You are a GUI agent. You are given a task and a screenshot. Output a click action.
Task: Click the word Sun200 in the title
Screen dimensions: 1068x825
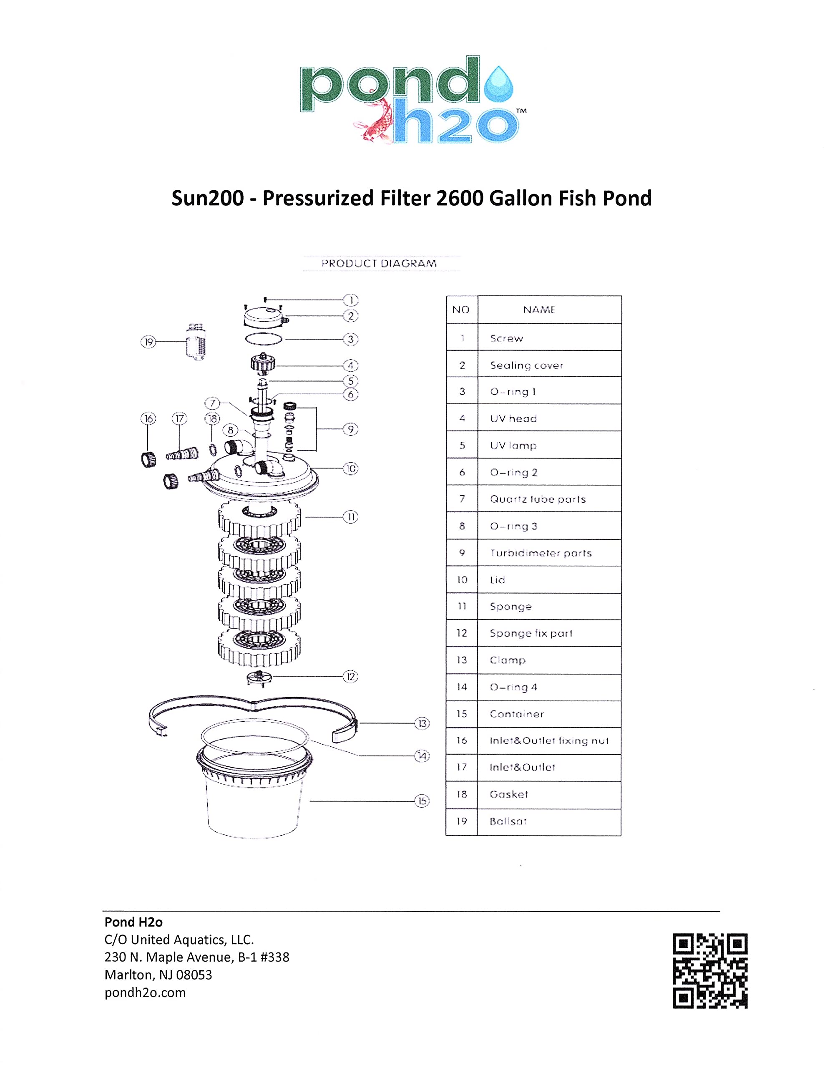[x=207, y=198]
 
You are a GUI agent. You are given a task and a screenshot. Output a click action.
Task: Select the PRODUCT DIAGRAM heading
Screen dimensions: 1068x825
[x=379, y=263]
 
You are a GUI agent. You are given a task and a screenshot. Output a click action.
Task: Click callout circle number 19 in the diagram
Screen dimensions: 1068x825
[x=148, y=342]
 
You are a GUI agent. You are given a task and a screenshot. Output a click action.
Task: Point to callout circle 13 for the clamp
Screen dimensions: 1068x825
[x=422, y=723]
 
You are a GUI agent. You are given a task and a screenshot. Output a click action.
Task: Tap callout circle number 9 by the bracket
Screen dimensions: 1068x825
[x=351, y=429]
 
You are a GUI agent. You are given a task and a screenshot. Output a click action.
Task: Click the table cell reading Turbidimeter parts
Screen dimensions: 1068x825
[x=541, y=553]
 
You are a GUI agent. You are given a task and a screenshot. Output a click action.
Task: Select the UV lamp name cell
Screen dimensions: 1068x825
[x=513, y=446]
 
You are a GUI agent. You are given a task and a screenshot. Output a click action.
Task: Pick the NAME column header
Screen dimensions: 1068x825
[x=539, y=310]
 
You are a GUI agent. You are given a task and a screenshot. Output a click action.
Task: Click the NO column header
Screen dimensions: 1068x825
[x=460, y=310]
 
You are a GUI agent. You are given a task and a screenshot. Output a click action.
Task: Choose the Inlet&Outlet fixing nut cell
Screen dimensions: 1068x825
[x=549, y=741]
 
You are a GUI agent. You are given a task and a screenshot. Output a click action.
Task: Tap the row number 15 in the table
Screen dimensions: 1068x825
[x=462, y=714]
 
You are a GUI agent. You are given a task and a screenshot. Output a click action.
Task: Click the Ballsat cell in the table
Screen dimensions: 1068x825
[x=508, y=821]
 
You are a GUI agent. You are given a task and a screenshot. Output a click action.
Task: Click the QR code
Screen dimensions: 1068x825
[x=710, y=971]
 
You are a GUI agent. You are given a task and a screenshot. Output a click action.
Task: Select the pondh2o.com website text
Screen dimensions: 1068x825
[x=145, y=992]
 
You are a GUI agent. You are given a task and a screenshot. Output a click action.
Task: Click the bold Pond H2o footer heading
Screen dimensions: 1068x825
[x=133, y=922]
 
